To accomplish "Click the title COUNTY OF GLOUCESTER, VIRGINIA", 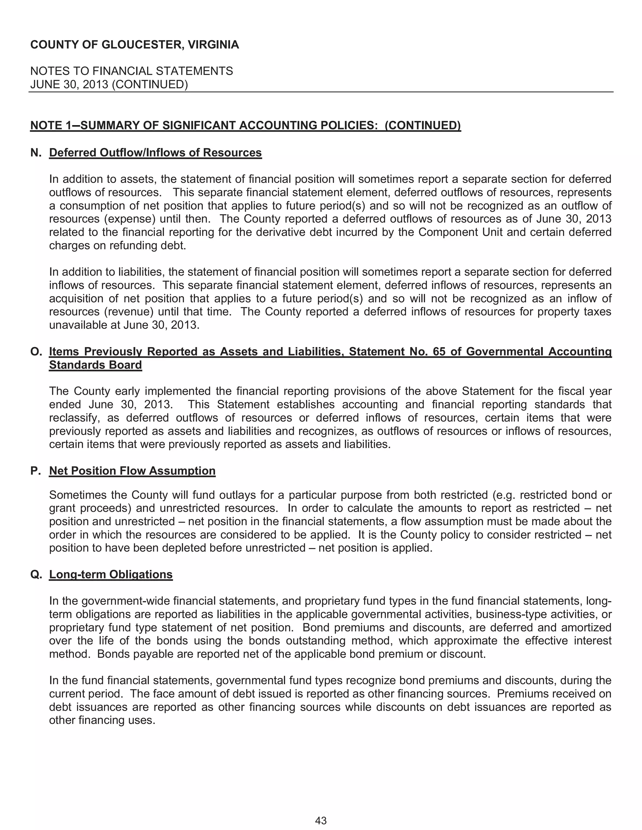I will pos(134,45).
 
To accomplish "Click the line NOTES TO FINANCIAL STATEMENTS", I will pos(132,71).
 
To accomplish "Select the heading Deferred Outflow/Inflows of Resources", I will pos(155,153).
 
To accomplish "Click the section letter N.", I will pos(36,153).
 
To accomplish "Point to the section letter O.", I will pos(36,352).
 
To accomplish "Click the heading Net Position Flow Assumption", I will pos(132,471).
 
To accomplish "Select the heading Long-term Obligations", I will pos(111,574).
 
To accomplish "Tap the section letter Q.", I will pos(36,574).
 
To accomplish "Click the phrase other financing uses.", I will pos(102,720).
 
